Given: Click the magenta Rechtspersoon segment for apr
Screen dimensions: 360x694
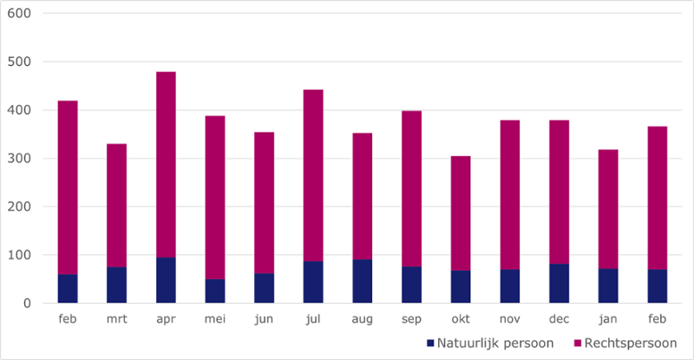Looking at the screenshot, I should pyautogui.click(x=166, y=165).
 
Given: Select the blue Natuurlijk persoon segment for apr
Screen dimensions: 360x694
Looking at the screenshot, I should pyautogui.click(x=166, y=280).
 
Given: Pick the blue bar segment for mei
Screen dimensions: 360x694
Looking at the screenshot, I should pyautogui.click(x=215, y=291).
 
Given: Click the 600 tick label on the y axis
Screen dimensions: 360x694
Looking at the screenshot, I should pyautogui.click(x=18, y=14).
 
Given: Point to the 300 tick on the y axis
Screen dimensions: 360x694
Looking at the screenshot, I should pyautogui.click(x=18, y=159).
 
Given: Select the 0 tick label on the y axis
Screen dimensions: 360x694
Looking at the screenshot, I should pyautogui.click(x=25, y=304).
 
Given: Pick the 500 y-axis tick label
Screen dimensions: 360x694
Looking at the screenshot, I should pyautogui.click(x=18, y=62).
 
